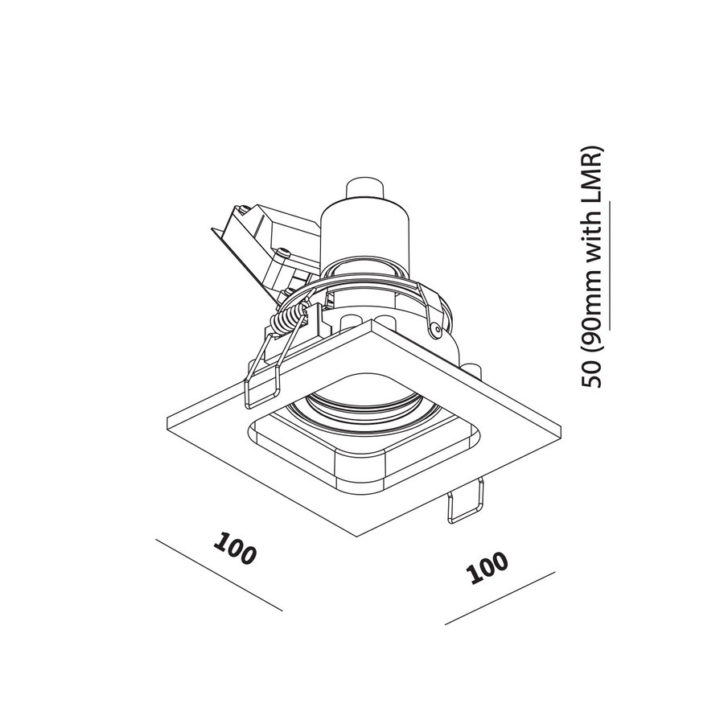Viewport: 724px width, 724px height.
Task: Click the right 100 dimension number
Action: [x=489, y=568]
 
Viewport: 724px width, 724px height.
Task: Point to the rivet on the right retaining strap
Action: [x=435, y=328]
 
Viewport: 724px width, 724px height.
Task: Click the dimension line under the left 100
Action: [x=217, y=574]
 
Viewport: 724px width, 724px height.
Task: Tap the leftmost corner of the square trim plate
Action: [x=164, y=423]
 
